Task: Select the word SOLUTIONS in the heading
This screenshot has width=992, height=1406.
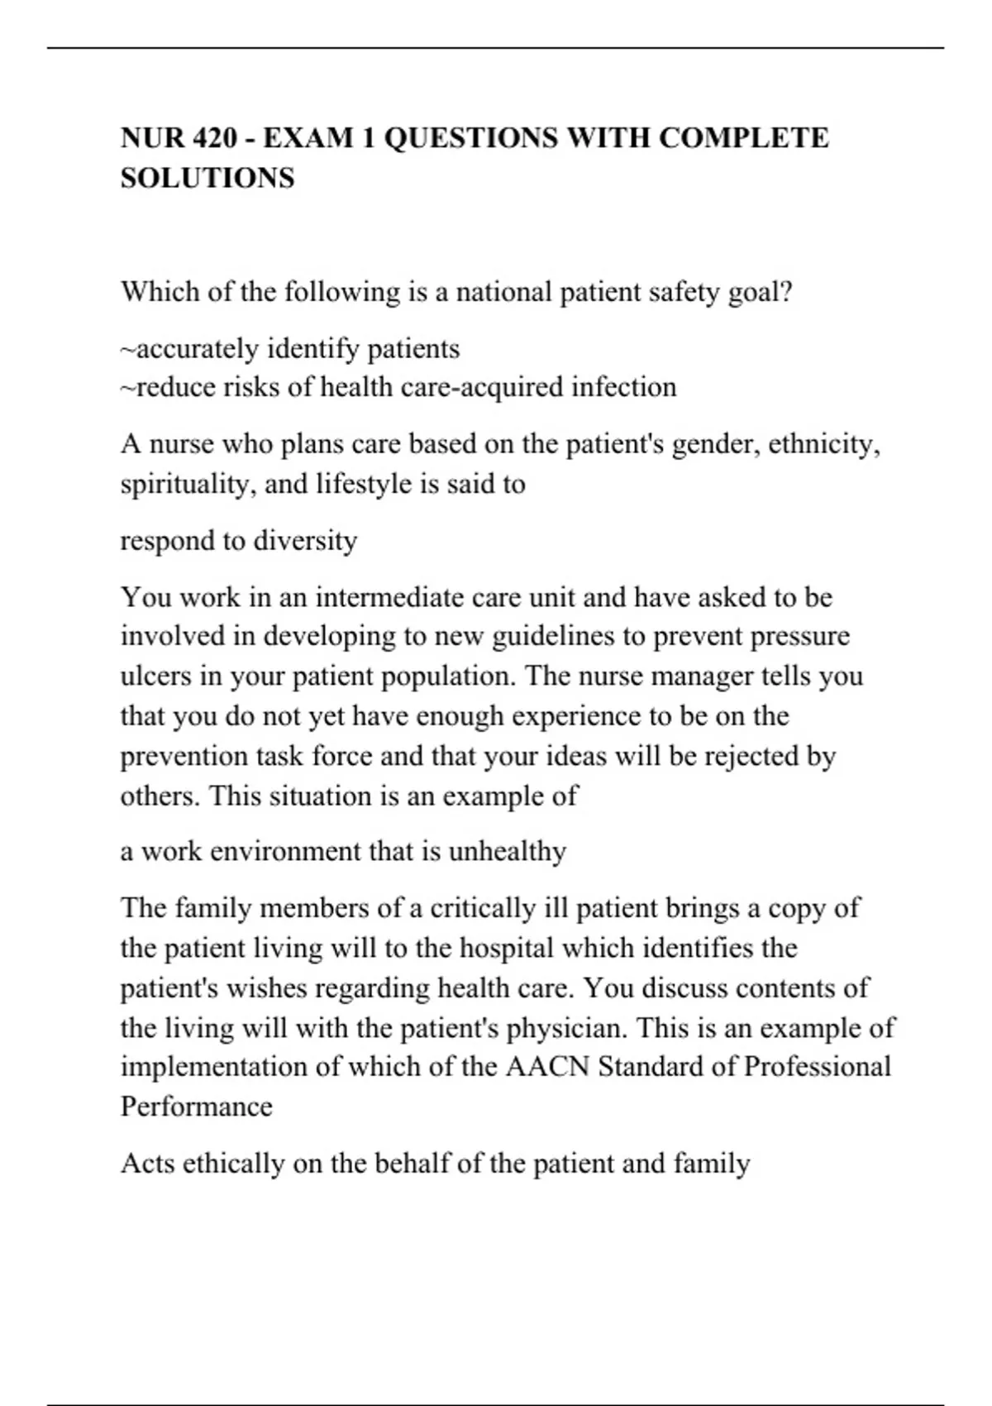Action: coord(207,179)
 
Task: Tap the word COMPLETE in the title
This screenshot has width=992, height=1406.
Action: coord(743,138)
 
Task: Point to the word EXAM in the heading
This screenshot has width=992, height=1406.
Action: coord(308,138)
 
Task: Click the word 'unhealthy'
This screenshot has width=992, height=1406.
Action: coord(507,852)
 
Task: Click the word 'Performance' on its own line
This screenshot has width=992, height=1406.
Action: coord(196,1107)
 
